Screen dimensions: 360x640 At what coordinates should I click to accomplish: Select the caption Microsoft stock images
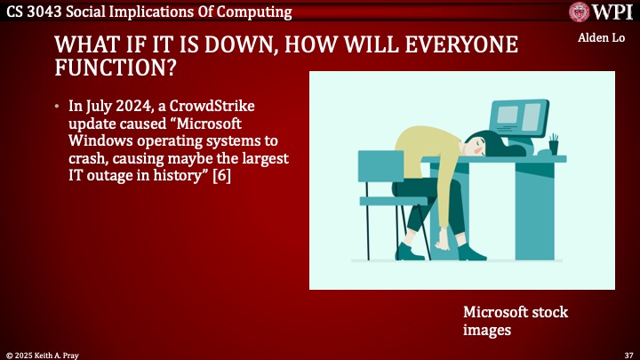coord(515,321)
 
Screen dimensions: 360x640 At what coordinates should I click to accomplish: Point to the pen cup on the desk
coord(553,145)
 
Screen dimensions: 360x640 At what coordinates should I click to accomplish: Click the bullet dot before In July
coord(59,107)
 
